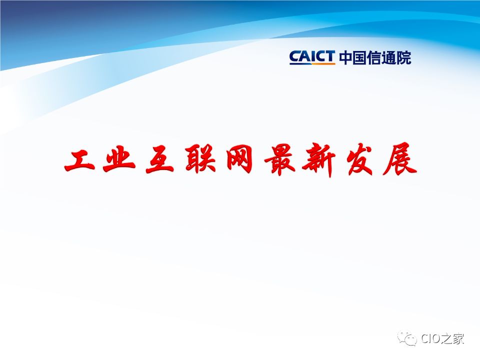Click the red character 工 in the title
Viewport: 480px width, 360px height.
pos(79,160)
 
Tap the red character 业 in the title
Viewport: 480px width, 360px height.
pos(119,160)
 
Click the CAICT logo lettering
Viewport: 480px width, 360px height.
pos(312,57)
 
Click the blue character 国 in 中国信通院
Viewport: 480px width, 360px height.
pos(359,57)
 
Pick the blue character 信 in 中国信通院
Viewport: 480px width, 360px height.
pos(374,57)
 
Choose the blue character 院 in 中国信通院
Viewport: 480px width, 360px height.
pos(404,57)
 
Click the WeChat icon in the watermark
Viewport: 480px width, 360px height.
pos(407,339)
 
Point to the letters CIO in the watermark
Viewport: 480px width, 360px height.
pos(430,338)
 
